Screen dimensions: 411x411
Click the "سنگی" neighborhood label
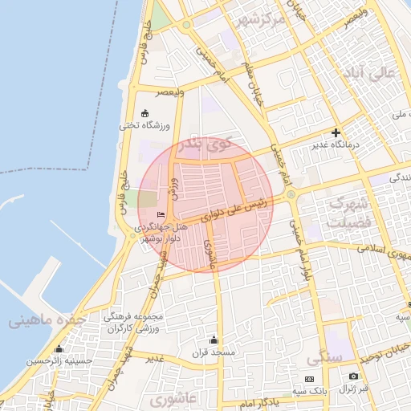pos(324,356)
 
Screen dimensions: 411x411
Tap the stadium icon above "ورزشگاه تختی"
pos(144,113)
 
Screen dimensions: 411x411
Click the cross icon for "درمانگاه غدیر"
pos(336,132)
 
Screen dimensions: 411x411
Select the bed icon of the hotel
pos(161,214)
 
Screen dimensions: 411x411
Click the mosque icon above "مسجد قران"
pos(213,340)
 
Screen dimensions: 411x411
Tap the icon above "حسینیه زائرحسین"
pos(59,349)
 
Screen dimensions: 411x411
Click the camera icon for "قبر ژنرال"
pos(354,376)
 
